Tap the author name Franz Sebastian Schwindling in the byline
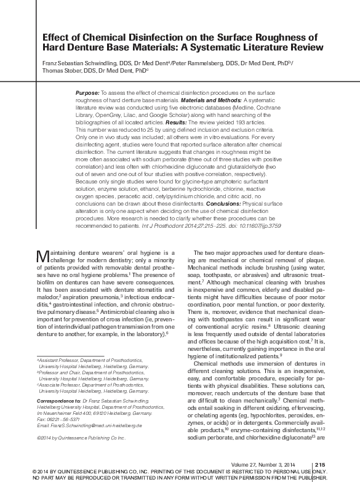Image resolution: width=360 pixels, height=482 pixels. coord(76,62)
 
